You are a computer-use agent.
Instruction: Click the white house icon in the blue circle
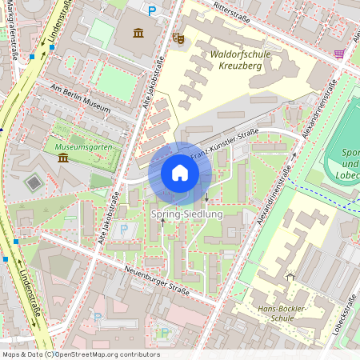pos(180,173)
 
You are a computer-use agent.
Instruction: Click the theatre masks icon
pos(178,37)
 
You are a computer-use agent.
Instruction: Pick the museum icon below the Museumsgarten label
pos(63,158)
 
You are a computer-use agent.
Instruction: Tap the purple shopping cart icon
pos(339,54)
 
